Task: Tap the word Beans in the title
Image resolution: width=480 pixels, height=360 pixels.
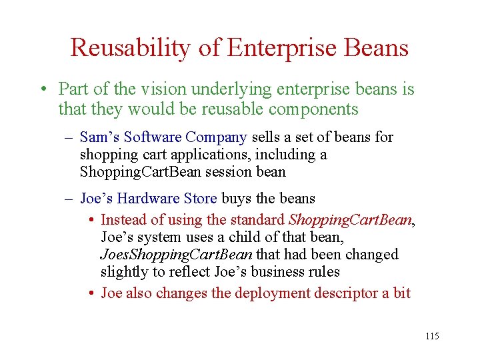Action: tap(375, 47)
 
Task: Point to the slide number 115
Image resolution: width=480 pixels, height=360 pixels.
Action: tap(432, 336)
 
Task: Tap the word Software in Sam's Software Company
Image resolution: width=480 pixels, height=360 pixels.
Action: tap(153, 137)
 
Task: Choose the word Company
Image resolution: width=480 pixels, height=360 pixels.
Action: tap(216, 137)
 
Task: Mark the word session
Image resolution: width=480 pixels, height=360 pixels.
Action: tap(221, 171)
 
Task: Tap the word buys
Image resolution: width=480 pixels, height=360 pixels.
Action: tap(237, 199)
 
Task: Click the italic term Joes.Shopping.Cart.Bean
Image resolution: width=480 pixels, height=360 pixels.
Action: tap(176, 254)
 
